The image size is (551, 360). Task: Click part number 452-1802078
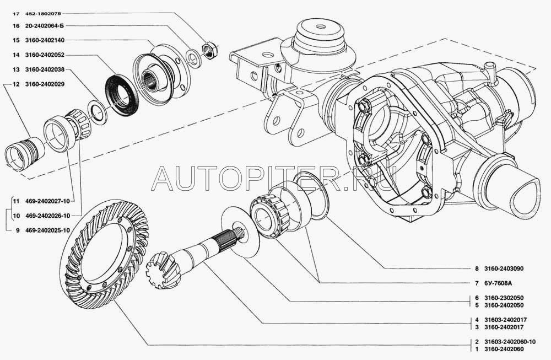[x=43, y=14]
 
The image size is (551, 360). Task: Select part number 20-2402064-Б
[x=45, y=26]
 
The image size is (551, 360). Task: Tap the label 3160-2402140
[x=45, y=40]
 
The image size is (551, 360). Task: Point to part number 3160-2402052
[x=45, y=55]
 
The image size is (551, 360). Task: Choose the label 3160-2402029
[x=45, y=84]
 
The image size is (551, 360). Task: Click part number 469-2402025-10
[x=47, y=230]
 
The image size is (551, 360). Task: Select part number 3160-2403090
[x=504, y=268]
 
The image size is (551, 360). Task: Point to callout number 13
[x=16, y=69]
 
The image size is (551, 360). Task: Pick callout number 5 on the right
[x=477, y=305]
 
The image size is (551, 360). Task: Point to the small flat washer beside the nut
[x=192, y=58]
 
